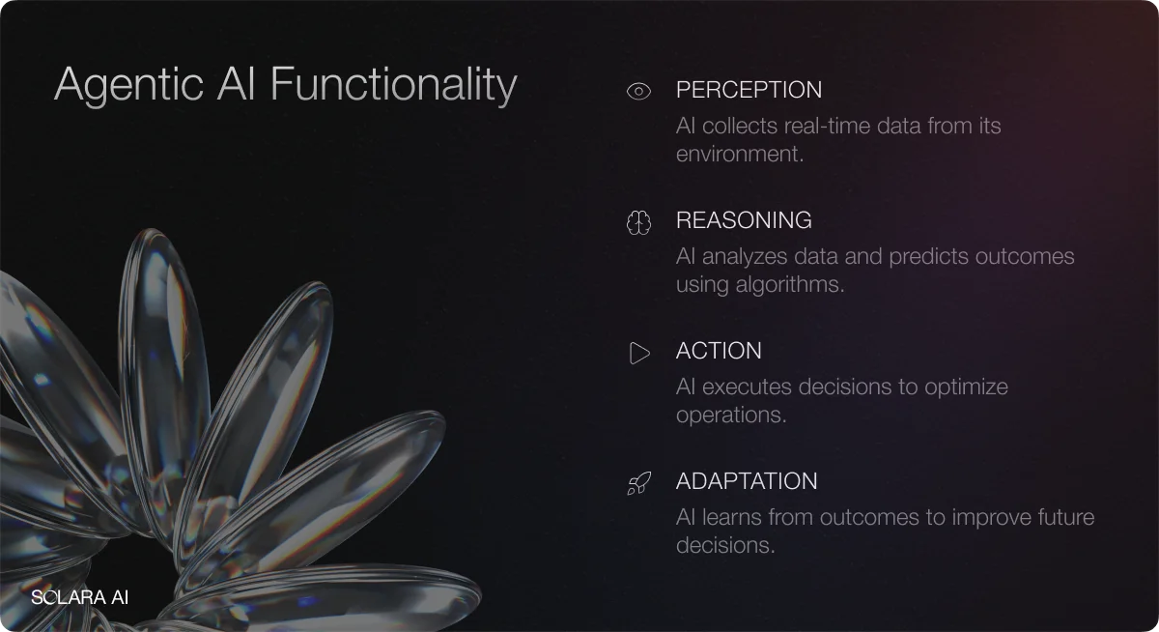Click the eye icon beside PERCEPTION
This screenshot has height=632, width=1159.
(x=638, y=91)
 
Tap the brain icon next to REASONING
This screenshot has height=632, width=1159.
(x=638, y=222)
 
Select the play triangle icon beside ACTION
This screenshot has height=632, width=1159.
(x=639, y=353)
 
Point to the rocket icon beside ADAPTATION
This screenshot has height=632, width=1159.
(x=638, y=483)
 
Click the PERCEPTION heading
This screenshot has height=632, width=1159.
(x=749, y=90)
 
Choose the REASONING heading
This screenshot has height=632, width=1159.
(x=744, y=220)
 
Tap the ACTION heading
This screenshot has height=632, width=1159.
(x=719, y=351)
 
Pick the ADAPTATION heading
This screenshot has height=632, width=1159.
(x=747, y=481)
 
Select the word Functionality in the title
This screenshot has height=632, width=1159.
(x=393, y=84)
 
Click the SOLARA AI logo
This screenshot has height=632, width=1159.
(x=79, y=596)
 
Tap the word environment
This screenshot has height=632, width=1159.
(x=738, y=154)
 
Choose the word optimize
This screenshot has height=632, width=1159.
(x=966, y=387)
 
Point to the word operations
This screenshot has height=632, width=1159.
(x=730, y=415)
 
